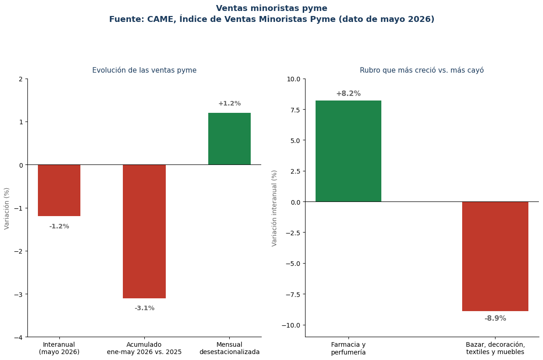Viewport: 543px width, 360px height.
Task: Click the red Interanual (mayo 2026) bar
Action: tap(59, 190)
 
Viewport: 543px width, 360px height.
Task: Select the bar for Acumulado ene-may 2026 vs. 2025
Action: tap(144, 231)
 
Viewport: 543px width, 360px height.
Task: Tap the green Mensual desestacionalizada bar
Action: tap(229, 138)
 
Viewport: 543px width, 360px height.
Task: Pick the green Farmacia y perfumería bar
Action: tap(348, 151)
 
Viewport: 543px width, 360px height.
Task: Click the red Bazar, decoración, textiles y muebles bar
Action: tap(495, 256)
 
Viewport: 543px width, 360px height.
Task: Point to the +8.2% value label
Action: tap(348, 94)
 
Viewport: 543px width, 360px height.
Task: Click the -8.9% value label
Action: tap(495, 318)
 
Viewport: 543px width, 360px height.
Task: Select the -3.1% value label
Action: tap(144, 308)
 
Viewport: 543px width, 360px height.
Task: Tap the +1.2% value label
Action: tap(229, 103)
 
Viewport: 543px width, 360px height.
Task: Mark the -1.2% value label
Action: tap(59, 226)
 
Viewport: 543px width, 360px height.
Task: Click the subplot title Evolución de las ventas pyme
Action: tap(144, 70)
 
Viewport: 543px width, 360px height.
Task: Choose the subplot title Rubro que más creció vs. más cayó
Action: tap(422, 70)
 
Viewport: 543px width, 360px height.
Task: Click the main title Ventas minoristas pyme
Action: tap(271, 8)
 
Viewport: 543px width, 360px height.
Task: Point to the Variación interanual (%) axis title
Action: tap(274, 208)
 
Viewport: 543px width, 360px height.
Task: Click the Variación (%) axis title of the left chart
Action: tap(6, 208)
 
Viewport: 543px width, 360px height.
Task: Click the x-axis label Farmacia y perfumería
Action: tap(348, 349)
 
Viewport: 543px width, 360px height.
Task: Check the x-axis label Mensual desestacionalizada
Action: tap(229, 348)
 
